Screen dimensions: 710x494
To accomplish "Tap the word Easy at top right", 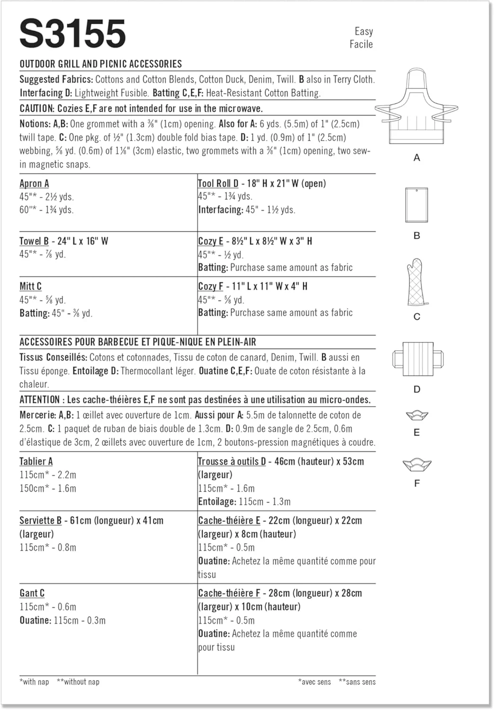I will click(363, 31).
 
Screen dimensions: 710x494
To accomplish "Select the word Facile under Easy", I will click(361, 44).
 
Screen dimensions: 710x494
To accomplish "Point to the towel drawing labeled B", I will click(416, 205).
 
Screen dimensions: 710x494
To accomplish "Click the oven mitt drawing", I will click(416, 283).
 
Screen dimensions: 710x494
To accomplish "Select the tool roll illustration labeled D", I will click(417, 359).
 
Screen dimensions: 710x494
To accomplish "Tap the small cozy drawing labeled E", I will click(417, 416).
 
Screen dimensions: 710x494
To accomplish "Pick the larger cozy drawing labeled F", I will click(417, 464).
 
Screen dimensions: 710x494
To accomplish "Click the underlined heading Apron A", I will click(34, 184).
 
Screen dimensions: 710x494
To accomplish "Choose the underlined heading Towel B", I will click(34, 241).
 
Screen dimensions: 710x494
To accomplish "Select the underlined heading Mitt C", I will click(30, 286).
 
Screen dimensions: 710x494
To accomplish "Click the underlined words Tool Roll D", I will click(218, 184).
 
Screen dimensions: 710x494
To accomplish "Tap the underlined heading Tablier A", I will click(36, 461).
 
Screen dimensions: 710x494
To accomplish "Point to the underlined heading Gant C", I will click(32, 593).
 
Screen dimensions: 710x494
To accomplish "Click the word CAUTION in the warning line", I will click(36, 108).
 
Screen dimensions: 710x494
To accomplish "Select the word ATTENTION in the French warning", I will click(40, 399).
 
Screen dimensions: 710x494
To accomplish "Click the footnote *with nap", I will click(34, 682).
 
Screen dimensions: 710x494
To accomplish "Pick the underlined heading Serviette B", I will click(40, 521).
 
